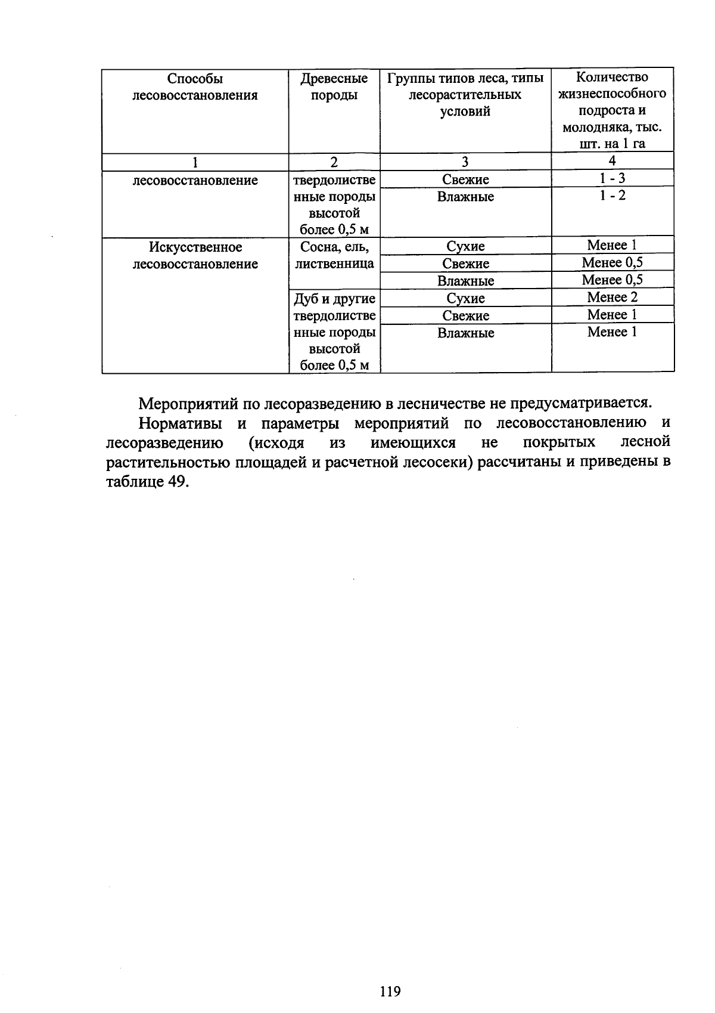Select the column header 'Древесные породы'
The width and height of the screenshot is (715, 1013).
(334, 87)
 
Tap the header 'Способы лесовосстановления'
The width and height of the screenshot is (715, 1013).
(195, 87)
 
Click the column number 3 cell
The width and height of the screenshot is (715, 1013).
(465, 162)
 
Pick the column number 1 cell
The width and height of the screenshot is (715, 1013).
(195, 162)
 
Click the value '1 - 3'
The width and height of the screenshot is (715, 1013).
(613, 178)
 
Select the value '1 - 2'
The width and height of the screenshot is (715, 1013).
(613, 196)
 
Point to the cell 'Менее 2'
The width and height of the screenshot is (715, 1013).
(612, 297)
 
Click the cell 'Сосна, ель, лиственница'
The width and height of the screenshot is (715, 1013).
(334, 255)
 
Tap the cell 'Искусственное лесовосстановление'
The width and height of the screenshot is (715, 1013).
(195, 255)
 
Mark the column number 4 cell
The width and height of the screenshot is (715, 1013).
(613, 160)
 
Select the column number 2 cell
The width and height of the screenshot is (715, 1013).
(334, 162)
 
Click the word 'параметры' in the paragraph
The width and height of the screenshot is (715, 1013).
(301, 423)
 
